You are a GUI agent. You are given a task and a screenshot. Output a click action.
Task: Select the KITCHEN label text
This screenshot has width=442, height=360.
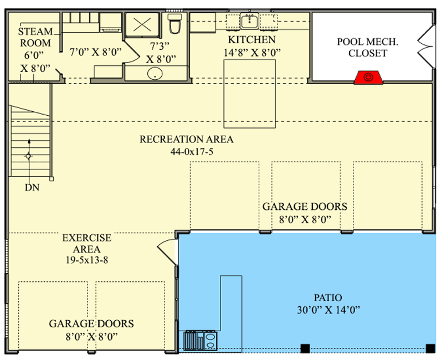(251, 40)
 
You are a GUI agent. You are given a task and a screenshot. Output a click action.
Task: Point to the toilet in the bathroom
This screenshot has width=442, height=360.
(175, 24)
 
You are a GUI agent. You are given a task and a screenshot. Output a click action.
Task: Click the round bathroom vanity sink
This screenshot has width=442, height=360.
(155, 73)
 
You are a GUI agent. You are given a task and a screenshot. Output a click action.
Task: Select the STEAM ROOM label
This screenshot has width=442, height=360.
(35, 37)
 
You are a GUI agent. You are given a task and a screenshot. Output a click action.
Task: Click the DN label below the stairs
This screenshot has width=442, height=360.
(32, 187)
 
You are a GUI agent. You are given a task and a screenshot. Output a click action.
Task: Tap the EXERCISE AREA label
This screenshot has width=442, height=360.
(86, 244)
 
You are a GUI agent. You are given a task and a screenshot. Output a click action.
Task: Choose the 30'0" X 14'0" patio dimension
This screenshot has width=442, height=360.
(328, 310)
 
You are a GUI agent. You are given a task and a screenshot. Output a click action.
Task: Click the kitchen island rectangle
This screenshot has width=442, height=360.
(249, 94)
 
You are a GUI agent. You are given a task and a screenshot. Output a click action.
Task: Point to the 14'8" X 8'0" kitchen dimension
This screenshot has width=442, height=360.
(252, 53)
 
